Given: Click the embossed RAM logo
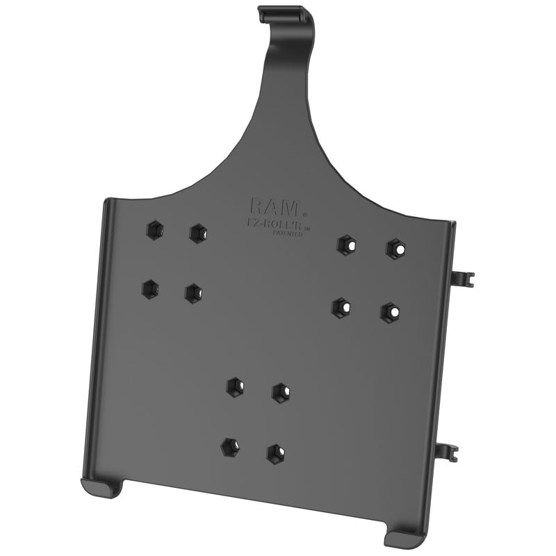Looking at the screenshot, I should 275,206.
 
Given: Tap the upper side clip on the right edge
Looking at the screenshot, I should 462,279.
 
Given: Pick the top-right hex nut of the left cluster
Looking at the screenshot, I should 199,232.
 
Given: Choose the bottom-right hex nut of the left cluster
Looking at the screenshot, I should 194,293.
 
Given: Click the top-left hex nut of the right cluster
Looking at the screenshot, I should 346,244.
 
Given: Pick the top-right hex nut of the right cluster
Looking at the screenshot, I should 395,247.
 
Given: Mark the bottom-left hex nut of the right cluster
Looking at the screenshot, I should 341,307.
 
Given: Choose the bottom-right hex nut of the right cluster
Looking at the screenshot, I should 390,312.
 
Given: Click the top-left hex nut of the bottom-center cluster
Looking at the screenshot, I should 235,386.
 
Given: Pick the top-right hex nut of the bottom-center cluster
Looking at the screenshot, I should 280,392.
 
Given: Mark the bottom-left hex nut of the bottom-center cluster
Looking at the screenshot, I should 229,447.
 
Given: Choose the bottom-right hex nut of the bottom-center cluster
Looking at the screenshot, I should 276,453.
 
